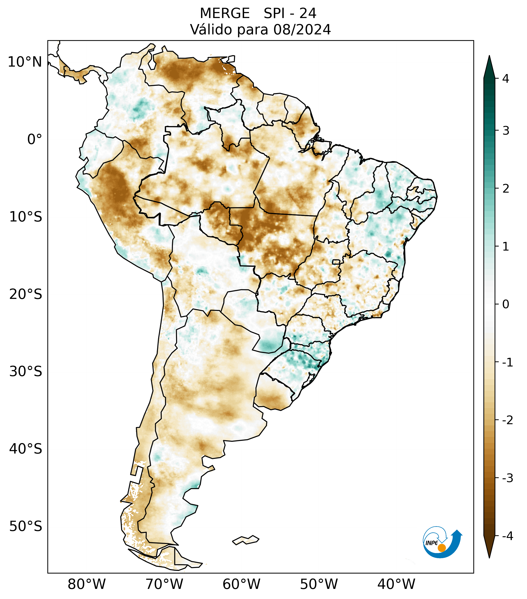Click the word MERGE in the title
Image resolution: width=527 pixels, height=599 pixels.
click(224, 13)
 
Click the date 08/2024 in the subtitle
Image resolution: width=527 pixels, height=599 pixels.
click(302, 30)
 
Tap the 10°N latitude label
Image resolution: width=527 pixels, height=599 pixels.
click(25, 62)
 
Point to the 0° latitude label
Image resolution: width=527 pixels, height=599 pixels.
click(35, 139)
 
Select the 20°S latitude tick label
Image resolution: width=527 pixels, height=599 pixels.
click(26, 294)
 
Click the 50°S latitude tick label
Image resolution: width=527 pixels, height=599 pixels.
click(26, 527)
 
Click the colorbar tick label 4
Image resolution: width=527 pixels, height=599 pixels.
click(506, 79)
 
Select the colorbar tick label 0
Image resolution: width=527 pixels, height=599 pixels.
click(506, 304)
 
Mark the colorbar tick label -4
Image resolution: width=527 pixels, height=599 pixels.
click(507, 536)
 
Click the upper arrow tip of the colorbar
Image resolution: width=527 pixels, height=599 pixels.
click(489, 57)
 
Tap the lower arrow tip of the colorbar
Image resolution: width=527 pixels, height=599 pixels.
click(489, 557)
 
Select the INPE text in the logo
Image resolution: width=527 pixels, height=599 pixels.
click(432, 543)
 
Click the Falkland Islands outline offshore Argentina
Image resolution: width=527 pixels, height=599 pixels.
click(246, 540)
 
